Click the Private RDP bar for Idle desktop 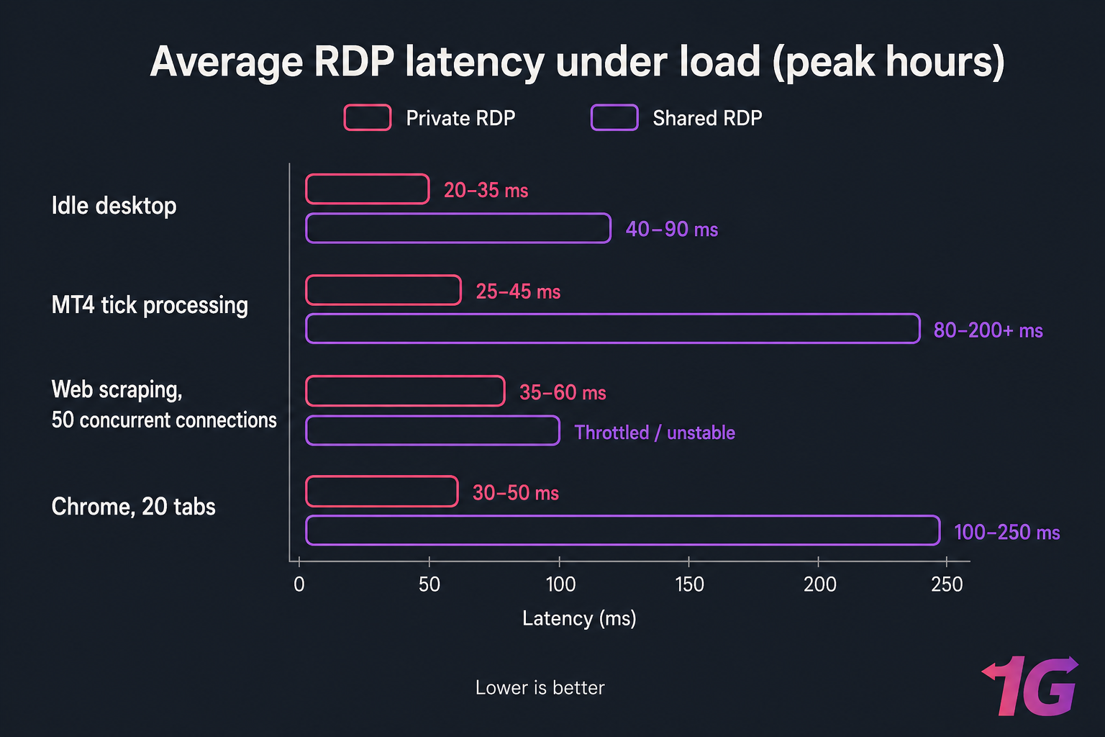[x=368, y=189]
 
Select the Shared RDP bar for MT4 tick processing [x=613, y=329]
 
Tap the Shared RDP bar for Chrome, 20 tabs [x=623, y=530]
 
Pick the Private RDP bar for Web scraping [x=406, y=392]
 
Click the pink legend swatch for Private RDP [x=368, y=118]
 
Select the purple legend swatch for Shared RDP [x=614, y=118]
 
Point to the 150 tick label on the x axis [x=689, y=584]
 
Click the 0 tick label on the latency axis [x=299, y=584]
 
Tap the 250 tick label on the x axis [x=947, y=584]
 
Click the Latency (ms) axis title [x=579, y=619]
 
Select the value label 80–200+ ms [x=988, y=330]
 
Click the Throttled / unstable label [x=655, y=433]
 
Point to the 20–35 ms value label [x=486, y=191]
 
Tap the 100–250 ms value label [x=1006, y=533]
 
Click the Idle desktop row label [x=114, y=206]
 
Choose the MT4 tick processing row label [x=150, y=305]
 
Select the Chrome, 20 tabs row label [x=133, y=507]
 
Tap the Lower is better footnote [x=540, y=688]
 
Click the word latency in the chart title [x=475, y=62]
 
